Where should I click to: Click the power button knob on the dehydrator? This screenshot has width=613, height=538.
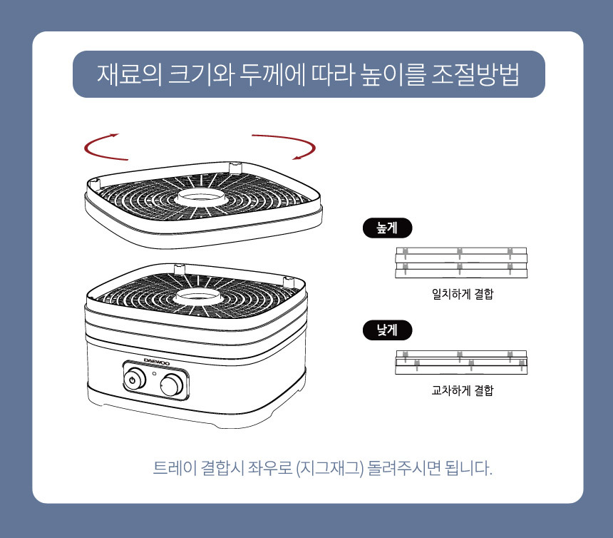click(133, 379)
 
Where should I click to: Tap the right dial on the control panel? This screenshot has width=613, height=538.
click(172, 385)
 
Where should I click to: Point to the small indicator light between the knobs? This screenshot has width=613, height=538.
click(154, 373)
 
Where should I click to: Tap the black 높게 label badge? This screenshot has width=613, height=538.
click(388, 228)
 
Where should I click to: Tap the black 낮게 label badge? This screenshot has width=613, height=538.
click(388, 330)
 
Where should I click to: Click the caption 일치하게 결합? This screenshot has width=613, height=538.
click(463, 293)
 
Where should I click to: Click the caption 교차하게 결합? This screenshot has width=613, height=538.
click(463, 390)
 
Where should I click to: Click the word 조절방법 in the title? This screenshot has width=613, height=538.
click(475, 74)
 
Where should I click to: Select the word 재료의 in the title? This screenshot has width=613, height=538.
click(130, 74)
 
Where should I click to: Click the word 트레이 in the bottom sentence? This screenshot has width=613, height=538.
click(175, 468)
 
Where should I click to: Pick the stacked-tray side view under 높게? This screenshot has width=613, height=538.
click(461, 263)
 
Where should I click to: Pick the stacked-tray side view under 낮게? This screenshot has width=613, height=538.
click(461, 362)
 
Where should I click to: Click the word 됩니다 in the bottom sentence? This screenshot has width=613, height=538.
click(468, 468)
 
